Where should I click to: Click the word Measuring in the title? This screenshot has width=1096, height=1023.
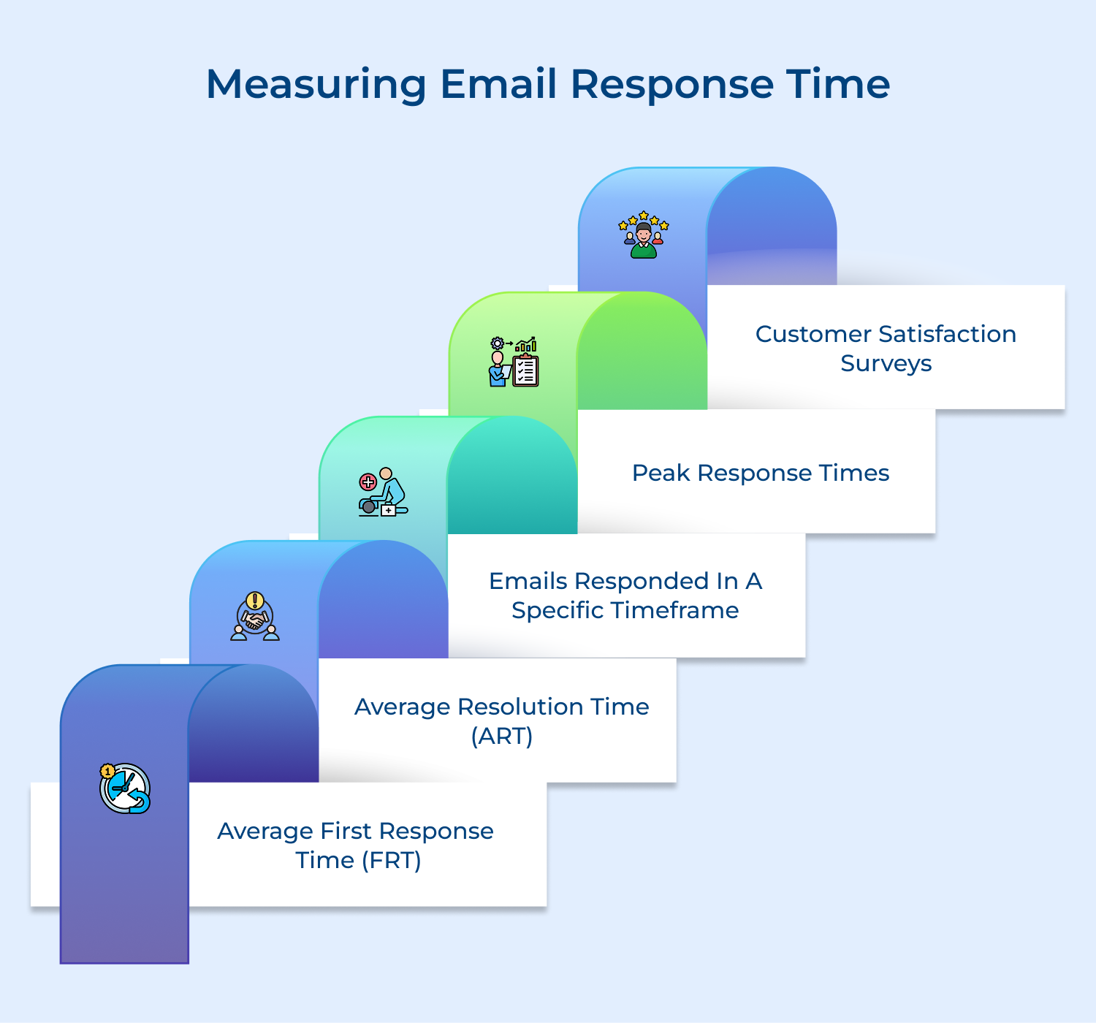point(316,84)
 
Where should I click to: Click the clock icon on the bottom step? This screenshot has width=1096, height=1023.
point(125,788)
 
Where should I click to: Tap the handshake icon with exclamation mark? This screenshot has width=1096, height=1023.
point(255,617)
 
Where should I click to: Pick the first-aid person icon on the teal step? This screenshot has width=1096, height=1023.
point(383,492)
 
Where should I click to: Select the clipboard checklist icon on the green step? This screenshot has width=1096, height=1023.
point(514,362)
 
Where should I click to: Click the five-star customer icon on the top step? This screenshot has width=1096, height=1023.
point(643,235)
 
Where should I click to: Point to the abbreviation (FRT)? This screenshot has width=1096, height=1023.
point(392,860)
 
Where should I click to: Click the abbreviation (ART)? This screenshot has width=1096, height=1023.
point(502,736)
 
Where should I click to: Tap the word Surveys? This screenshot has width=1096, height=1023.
point(886,363)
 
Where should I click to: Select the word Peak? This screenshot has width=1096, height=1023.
point(661,473)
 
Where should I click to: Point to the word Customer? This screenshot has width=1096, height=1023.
point(813,334)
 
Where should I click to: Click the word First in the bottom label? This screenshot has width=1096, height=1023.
point(346,831)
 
